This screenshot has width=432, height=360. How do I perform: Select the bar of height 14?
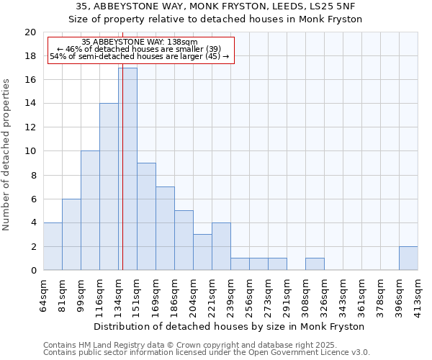(109, 186)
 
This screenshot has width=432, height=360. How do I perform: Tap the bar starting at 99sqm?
(90, 210)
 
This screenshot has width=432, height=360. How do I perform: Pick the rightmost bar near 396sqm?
(408, 258)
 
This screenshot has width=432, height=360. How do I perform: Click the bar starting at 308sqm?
(315, 264)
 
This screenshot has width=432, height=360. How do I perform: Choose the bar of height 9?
(146, 217)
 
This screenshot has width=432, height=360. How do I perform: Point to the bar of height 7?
(165, 228)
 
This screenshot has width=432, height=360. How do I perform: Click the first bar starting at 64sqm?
(53, 246)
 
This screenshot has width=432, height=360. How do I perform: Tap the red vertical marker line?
(122, 180)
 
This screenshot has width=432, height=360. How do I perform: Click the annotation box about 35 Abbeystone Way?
(141, 50)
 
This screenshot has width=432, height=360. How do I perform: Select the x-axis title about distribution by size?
(230, 326)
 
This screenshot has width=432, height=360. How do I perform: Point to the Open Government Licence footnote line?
(207, 353)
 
